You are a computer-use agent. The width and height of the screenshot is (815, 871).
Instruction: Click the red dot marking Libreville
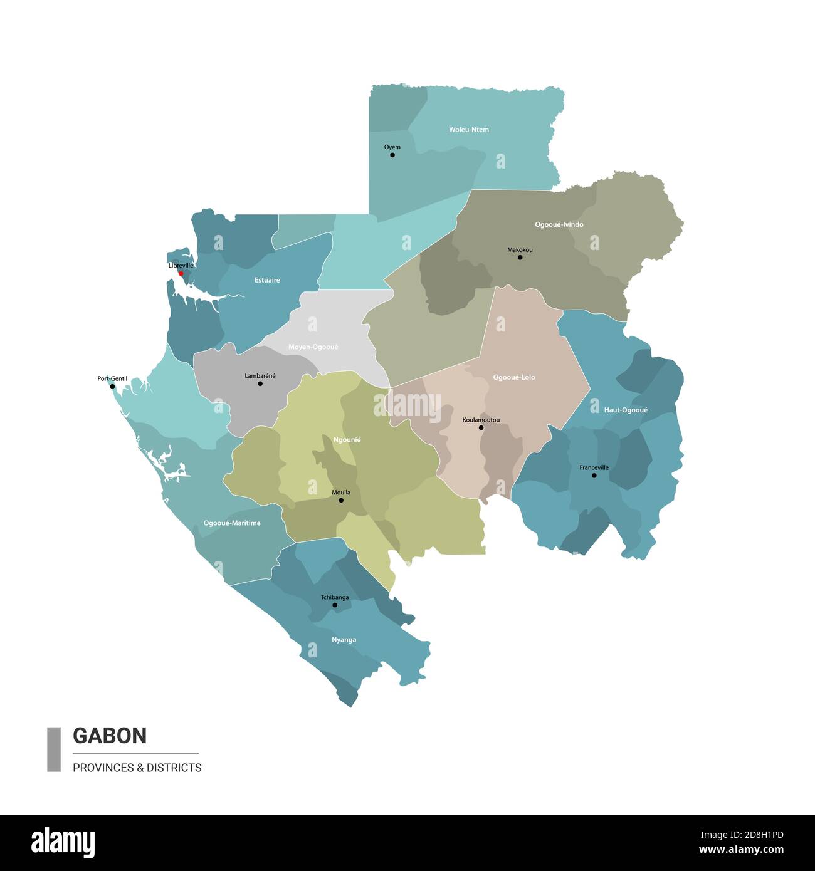tap(181, 273)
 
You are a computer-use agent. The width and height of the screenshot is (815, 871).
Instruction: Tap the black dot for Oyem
tap(392, 155)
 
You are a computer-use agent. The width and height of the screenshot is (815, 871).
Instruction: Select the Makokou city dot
tap(520, 257)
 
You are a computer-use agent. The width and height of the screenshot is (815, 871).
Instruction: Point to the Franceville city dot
tap(594, 476)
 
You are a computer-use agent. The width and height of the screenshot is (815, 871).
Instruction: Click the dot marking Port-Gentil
tap(113, 386)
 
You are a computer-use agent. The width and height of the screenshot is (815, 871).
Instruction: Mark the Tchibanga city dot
tap(335, 605)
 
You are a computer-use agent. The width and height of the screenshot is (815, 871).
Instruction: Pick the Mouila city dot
tap(341, 500)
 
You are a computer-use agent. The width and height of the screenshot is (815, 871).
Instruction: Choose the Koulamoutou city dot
tap(481, 427)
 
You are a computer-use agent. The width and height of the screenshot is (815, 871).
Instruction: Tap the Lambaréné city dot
tap(260, 383)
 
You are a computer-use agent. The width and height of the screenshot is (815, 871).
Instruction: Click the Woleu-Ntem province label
tap(469, 130)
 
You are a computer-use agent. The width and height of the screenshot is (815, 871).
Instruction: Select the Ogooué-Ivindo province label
tap(559, 224)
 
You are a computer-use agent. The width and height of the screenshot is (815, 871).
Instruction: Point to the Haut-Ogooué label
tap(626, 410)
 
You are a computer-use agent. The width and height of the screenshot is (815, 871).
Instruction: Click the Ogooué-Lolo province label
tap(514, 377)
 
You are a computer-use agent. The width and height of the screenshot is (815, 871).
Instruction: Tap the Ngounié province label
tap(347, 440)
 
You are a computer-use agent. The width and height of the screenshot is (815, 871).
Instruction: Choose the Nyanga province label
tap(344, 640)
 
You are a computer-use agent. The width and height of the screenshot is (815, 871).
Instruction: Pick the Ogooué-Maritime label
tap(232, 523)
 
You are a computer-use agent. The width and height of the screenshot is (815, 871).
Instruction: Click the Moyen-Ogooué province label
tap(313, 347)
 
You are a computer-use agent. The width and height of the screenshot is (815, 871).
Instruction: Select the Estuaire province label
tap(267, 280)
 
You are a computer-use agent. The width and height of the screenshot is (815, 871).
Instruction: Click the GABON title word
tap(110, 735)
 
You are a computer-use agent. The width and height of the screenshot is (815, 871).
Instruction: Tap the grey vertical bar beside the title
tap(54, 749)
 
